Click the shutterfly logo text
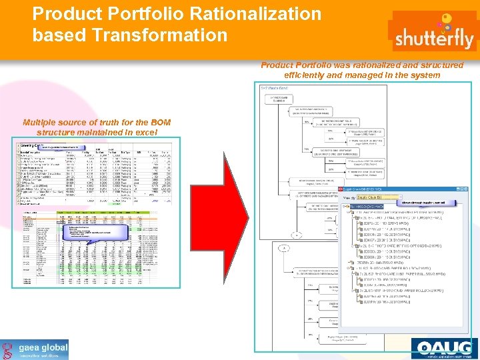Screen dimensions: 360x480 (434, 39)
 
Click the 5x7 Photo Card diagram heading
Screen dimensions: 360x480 (274, 88)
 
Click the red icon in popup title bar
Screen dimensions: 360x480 (346, 190)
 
